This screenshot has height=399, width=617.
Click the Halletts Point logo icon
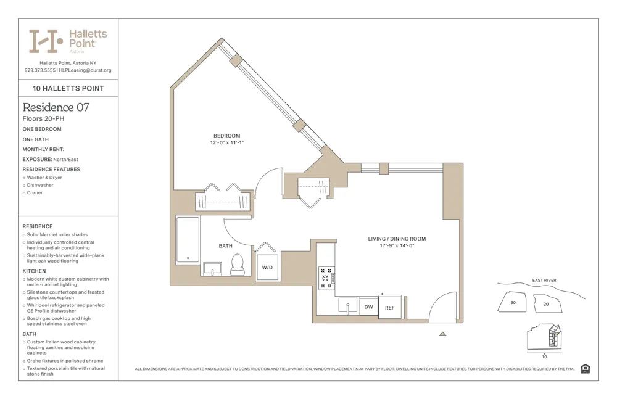tap(45, 41)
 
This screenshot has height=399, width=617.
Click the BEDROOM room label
tap(226, 136)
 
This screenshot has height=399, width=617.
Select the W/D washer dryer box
tap(267, 268)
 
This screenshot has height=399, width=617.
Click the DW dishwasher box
tap(368, 306)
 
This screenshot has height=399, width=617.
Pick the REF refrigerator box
tap(389, 307)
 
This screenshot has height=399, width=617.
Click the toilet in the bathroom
tap(238, 266)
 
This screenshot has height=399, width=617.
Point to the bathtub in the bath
tap(188, 240)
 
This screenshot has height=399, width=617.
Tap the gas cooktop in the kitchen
tap(326, 278)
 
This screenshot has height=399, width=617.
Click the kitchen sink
tap(347, 305)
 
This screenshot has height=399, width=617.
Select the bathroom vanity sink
tap(213, 269)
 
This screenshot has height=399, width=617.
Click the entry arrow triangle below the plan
tap(442, 334)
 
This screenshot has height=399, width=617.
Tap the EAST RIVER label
tap(544, 281)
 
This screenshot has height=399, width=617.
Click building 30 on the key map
tap(513, 303)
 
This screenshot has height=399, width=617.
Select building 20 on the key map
tap(545, 304)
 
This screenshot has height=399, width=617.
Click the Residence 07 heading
tap(56, 107)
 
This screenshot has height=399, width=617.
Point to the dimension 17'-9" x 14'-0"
tap(397, 245)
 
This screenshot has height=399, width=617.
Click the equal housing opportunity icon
tap(586, 369)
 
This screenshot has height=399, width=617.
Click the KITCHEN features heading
tap(34, 271)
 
